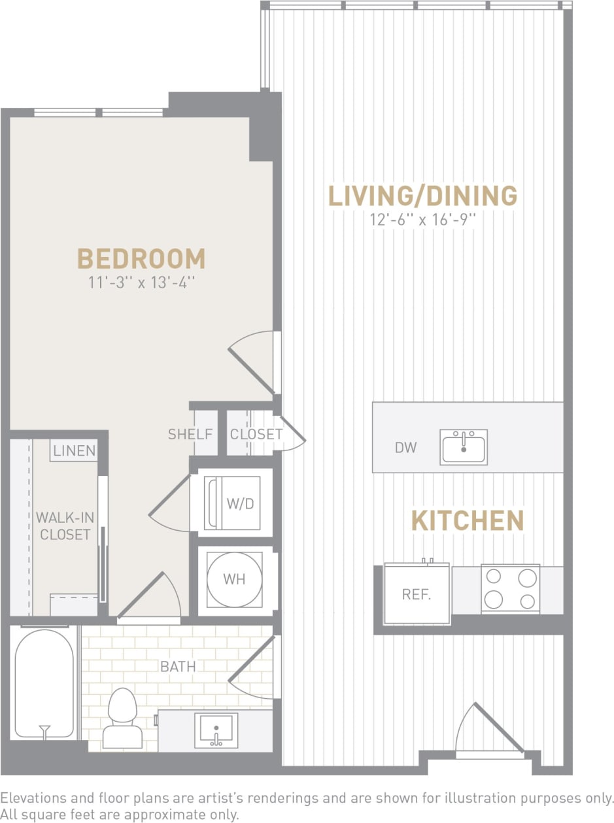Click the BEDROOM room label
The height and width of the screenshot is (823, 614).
tap(141, 259)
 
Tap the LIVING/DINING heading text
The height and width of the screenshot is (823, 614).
tap(422, 195)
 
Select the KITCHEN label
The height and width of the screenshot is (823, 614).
tap(468, 521)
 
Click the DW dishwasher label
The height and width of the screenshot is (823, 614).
tap(406, 448)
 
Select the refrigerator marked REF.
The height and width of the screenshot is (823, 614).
tap(417, 594)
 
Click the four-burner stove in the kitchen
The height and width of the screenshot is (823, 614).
tap(510, 588)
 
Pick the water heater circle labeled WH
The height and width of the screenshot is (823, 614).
tap(234, 579)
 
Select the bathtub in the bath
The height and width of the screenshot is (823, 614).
tap(44, 683)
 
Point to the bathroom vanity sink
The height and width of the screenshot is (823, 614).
tap(216, 729)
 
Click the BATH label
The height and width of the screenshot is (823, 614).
tap(178, 667)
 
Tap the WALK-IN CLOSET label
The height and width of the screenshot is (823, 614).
tap(65, 526)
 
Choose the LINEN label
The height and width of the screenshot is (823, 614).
tap(74, 450)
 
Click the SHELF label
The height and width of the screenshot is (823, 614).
tap(190, 434)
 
